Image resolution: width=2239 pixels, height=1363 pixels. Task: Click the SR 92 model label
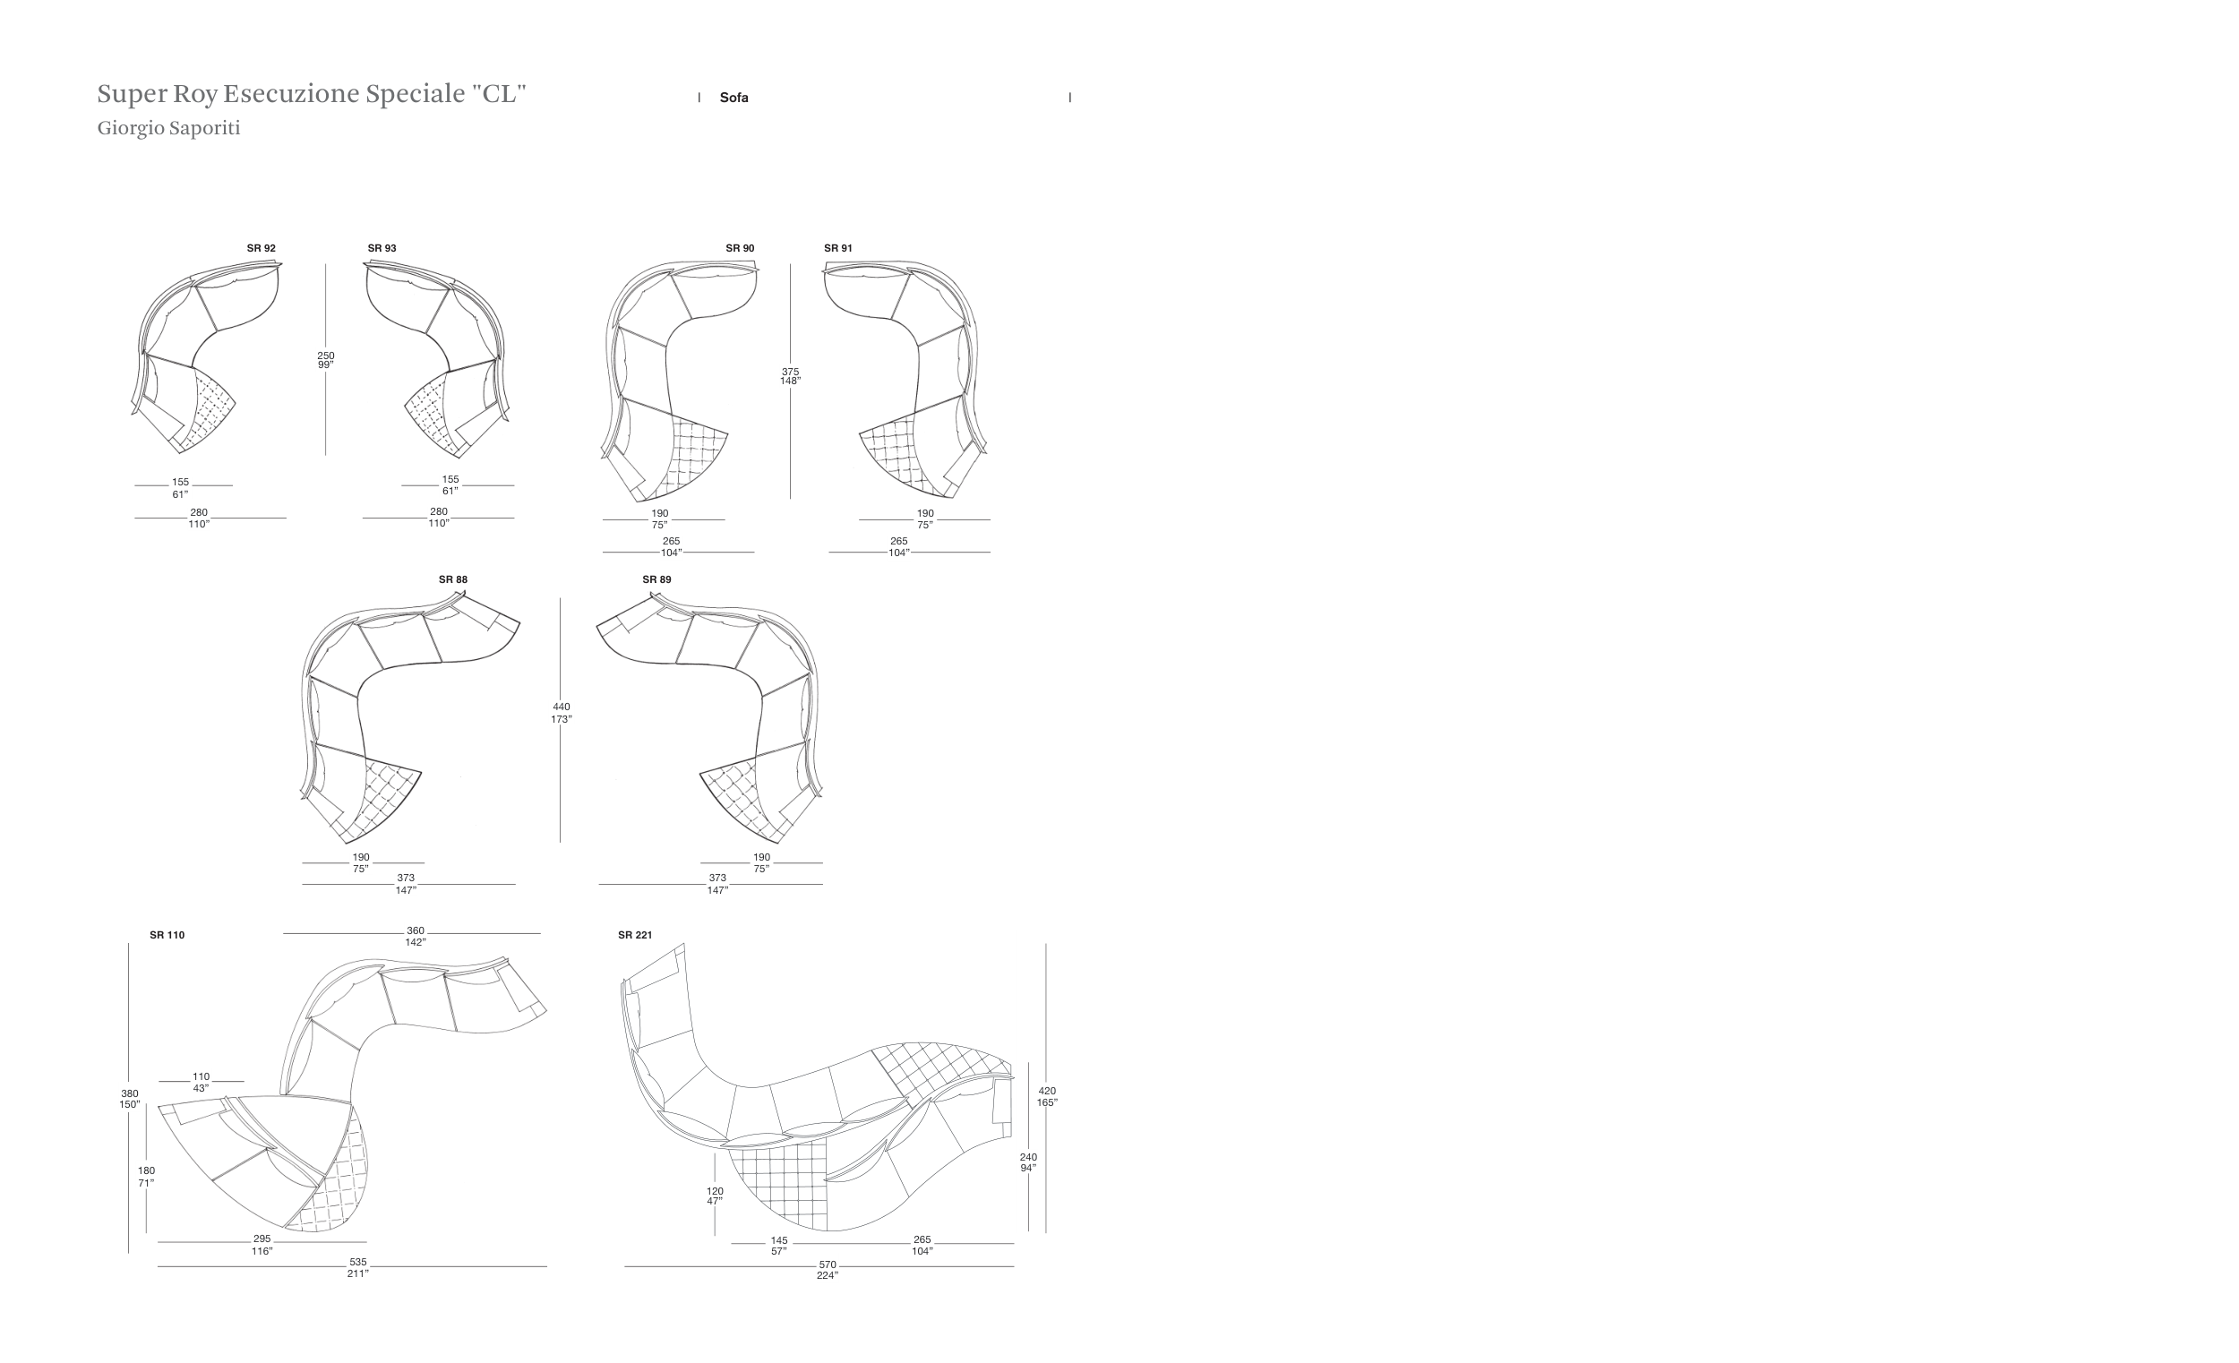261,248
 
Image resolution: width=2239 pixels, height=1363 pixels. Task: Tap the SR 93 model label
382,248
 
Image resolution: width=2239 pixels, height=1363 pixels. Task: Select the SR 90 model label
740,248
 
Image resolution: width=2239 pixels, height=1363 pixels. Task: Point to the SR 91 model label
837,248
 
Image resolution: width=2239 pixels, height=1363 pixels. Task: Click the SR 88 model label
452,579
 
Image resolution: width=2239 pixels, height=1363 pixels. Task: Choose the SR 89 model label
656,579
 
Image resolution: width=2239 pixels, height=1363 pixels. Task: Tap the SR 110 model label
167,935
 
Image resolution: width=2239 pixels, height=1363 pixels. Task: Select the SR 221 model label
635,935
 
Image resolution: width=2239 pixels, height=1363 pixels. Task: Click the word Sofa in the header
734,98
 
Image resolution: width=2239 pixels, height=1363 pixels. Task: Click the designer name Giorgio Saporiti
169,128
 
